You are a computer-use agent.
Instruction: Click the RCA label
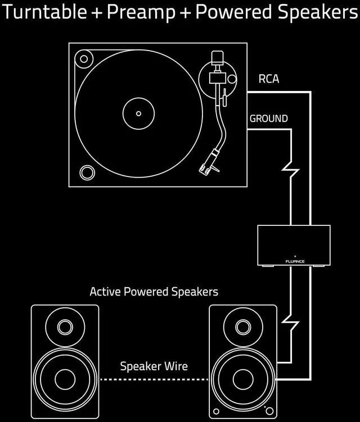tap(268, 79)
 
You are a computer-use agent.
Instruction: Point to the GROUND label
tap(268, 119)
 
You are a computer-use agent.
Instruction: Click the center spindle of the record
tap(138, 114)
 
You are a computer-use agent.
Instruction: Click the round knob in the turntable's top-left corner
tap(85, 58)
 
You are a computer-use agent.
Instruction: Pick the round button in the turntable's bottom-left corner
tap(87, 171)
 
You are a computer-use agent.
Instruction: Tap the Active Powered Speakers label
tap(154, 292)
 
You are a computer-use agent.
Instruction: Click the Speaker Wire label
tap(154, 367)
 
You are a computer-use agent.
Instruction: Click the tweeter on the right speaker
tap(242, 326)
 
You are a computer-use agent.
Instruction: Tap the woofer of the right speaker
tap(242, 379)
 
